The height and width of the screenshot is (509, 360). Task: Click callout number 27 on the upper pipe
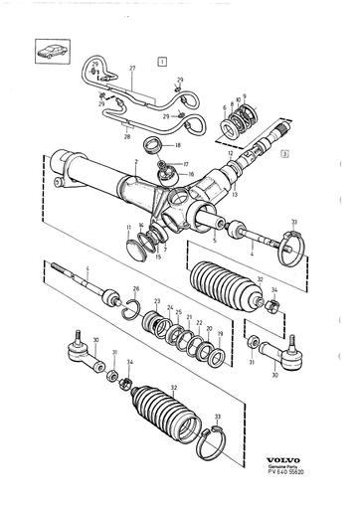(130, 68)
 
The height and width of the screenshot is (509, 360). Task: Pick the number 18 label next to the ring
(179, 145)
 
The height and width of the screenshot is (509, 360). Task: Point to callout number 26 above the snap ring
(136, 289)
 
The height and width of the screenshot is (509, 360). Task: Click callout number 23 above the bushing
(157, 299)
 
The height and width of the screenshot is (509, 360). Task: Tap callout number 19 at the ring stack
(221, 336)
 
